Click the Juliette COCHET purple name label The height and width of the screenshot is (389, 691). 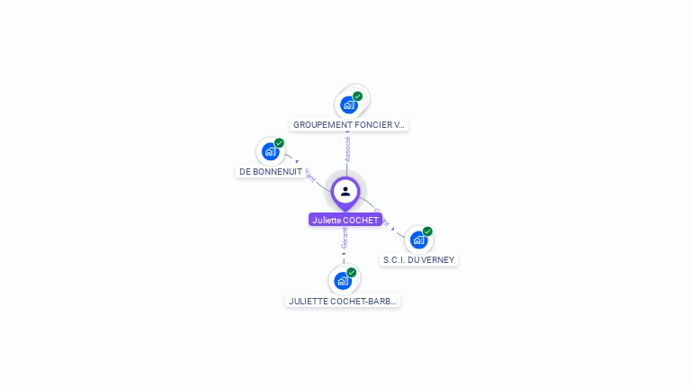(345, 220)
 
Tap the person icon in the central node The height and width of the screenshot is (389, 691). (345, 191)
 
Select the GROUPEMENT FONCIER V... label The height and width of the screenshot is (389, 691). (349, 125)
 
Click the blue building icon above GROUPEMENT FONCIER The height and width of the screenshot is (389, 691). (349, 104)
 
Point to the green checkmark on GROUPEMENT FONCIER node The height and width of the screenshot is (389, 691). (358, 96)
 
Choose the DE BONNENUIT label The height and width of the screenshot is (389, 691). (271, 171)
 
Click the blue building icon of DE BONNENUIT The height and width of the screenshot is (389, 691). (270, 151)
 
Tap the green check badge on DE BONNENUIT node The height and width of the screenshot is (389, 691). (279, 143)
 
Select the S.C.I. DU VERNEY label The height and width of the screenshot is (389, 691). (419, 260)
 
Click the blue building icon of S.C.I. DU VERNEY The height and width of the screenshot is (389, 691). (418, 240)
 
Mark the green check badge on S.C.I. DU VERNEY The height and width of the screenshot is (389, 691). (427, 231)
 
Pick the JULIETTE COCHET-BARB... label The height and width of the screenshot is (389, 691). (343, 301)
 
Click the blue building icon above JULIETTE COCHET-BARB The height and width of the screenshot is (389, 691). (343, 281)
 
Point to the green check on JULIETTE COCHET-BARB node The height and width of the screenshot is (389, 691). (352, 272)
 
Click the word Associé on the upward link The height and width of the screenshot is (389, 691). (347, 149)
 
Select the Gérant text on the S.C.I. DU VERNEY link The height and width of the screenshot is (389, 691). (381, 218)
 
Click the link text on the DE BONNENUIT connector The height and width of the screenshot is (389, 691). (310, 174)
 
